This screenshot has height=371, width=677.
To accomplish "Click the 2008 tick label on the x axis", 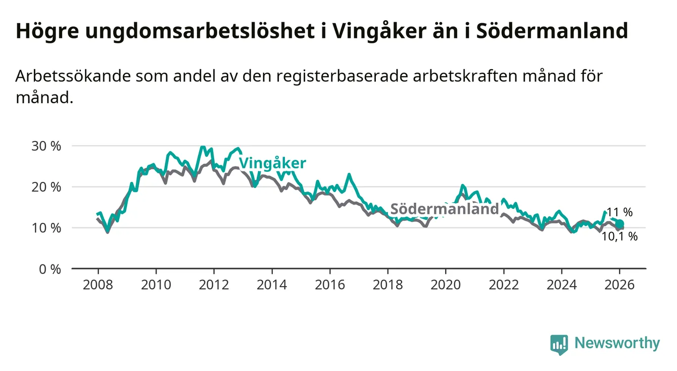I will (98, 285).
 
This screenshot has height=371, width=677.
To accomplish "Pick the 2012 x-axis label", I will (214, 285).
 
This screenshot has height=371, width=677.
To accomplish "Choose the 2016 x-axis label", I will (330, 285).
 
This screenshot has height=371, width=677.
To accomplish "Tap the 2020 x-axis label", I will (446, 285).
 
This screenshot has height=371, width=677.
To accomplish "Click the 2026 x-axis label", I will (619, 285).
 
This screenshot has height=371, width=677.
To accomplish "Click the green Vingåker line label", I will (272, 163).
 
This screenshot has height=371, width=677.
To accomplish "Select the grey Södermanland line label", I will (445, 209).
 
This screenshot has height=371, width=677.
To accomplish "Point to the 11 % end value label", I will (619, 212).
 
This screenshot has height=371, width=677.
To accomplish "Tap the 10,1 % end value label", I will (619, 236).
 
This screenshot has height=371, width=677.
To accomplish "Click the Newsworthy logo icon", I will (559, 344).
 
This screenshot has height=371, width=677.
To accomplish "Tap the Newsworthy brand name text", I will (617, 344).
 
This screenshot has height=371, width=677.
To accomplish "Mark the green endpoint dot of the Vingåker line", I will (620, 224).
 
